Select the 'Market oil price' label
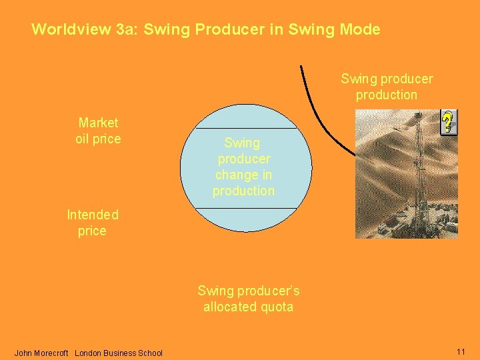98,131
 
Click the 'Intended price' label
93,223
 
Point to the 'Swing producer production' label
387,87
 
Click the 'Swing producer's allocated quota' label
248,299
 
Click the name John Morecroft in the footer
41,353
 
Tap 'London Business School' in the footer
119,353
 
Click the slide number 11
461,351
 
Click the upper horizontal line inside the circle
245,129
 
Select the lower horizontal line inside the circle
245,209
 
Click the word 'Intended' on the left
93,215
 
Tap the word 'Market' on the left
98,123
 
